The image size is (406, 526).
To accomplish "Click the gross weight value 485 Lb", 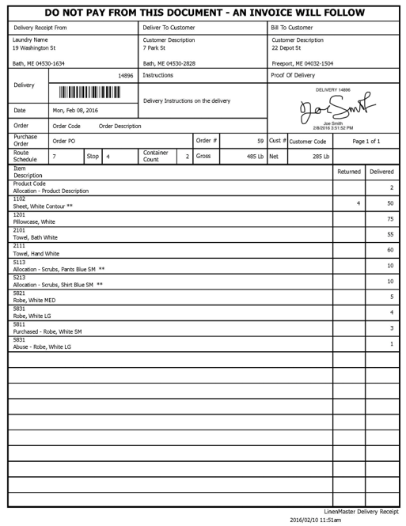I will (254, 157).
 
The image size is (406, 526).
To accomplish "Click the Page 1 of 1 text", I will (366, 141).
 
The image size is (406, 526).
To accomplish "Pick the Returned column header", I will (348, 172).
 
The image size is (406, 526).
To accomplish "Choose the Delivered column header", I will (381, 172).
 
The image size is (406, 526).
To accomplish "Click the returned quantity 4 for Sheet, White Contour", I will (359, 203).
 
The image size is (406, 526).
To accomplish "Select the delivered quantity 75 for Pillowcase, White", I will (390, 219).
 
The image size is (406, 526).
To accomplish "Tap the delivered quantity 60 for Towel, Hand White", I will (390, 250).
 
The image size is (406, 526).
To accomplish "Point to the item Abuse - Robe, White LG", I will (42, 346).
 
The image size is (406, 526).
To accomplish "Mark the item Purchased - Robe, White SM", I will (47, 331).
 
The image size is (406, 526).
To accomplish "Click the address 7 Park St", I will (154, 47).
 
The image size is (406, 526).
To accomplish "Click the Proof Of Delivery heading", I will (293, 75).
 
